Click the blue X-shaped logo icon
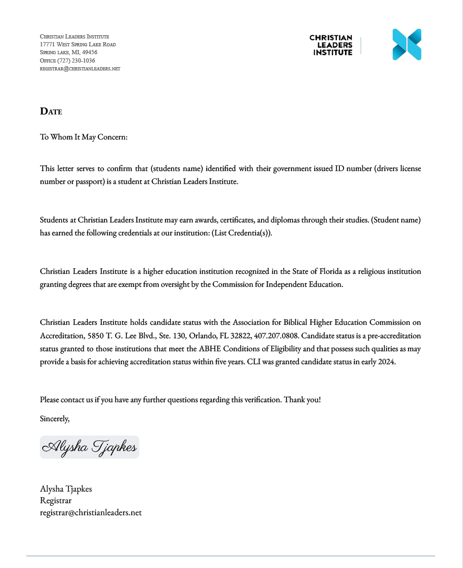point(407,44)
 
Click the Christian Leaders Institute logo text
point(331,45)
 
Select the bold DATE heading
point(51,111)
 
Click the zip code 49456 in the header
point(89,52)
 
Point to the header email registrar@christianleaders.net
point(80,69)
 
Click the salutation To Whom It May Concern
point(83,137)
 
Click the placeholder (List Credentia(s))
point(242,233)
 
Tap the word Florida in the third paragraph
point(331,271)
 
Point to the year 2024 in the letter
point(386,362)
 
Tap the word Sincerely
point(55,418)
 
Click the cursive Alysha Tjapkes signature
point(89,447)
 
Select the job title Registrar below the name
point(56,500)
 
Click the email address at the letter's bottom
point(91,512)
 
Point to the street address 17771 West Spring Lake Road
point(78,44)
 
